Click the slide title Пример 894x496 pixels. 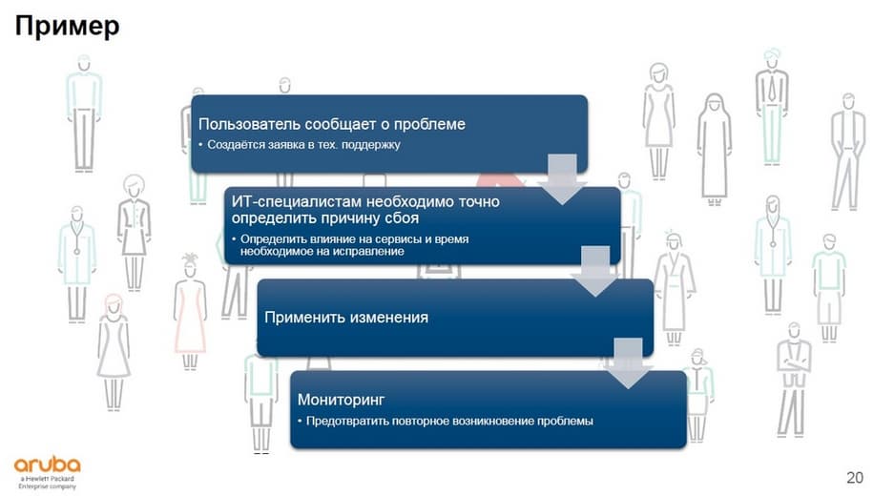click(68, 26)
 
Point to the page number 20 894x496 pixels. click(855, 478)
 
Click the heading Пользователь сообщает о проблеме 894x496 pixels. click(332, 124)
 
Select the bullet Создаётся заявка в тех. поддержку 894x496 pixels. click(300, 145)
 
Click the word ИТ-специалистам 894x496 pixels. click(297, 201)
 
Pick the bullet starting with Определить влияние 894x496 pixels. click(350, 245)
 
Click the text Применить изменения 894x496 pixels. click(346, 317)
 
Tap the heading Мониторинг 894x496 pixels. click(341, 400)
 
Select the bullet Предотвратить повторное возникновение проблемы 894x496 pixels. click(446, 421)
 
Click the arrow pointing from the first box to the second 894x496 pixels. click(562, 178)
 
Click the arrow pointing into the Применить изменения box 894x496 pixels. click(595, 271)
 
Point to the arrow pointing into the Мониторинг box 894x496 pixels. click(629, 363)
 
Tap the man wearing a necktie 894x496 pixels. click(772, 107)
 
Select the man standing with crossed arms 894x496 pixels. click(794, 380)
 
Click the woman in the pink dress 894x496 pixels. click(190, 312)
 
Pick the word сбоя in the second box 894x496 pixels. click(402, 217)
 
